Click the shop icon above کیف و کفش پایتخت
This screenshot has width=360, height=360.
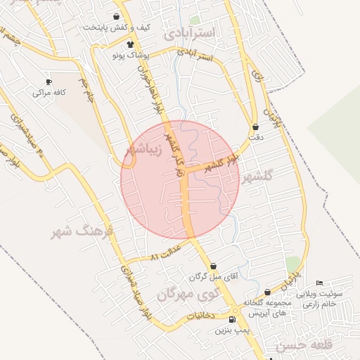(x=116, y=17)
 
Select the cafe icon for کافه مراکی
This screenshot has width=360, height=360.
(x=49, y=82)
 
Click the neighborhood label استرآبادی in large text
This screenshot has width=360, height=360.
(x=192, y=32)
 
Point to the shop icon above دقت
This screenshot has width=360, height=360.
(x=255, y=127)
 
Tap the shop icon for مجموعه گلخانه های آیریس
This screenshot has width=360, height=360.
(x=267, y=292)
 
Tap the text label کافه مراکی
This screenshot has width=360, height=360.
(x=49, y=92)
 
